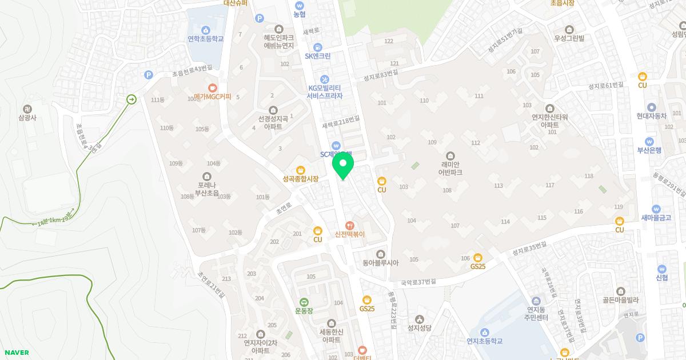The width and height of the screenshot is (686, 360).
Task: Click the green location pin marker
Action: pyautogui.click(x=343, y=166)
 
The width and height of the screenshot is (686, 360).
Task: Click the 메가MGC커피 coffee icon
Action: pyautogui.click(x=213, y=88)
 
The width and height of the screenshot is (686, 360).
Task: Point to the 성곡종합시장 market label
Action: pyautogui.click(x=300, y=179)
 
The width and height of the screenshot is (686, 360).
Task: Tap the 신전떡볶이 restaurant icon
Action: pyautogui.click(x=350, y=225)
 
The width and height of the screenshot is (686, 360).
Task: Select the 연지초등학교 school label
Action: pyautogui.click(x=484, y=341)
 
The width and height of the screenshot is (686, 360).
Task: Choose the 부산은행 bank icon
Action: pyautogui.click(x=649, y=142)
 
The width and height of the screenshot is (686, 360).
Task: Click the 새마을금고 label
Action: pyautogui.click(x=656, y=217)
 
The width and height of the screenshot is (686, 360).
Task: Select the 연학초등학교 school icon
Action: pyautogui.click(x=205, y=30)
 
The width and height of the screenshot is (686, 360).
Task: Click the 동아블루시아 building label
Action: pyautogui.click(x=380, y=263)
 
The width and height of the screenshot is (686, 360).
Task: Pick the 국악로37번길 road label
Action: pyautogui.click(x=418, y=282)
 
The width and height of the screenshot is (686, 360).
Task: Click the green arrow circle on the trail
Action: pyautogui.click(x=132, y=99)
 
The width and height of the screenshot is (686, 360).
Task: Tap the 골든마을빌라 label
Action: pyautogui.click(x=620, y=299)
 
